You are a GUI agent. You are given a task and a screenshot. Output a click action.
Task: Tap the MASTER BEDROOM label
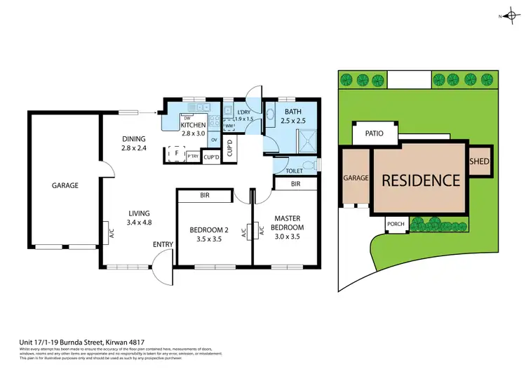(x=288, y=222)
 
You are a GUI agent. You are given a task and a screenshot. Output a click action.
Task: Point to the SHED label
(x=480, y=161)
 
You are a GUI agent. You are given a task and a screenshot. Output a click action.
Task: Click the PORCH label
(x=396, y=225)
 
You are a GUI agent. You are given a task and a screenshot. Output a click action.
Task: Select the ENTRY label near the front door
(x=163, y=244)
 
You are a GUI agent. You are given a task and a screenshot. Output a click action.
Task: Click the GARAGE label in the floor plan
(x=65, y=186)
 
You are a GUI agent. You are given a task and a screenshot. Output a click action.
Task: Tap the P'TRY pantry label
(x=192, y=157)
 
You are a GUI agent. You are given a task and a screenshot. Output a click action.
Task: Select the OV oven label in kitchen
(x=214, y=140)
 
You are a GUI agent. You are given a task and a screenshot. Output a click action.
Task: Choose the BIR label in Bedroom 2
(x=205, y=196)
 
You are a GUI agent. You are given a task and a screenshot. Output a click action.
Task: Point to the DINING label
(x=134, y=139)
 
